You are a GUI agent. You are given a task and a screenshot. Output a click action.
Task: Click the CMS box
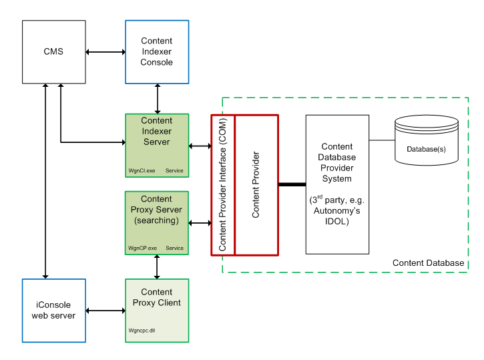pyautogui.click(x=53, y=51)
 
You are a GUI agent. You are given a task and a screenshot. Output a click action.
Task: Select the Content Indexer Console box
pyautogui.click(x=157, y=51)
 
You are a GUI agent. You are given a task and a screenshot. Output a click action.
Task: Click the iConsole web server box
pyautogui.click(x=53, y=311)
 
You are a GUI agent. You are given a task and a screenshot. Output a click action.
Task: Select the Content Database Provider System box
pyautogui.click(x=337, y=184)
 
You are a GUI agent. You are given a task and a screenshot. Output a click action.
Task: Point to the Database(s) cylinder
pyautogui.click(x=427, y=140)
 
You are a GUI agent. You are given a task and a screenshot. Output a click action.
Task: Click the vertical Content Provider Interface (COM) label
pyautogui.click(x=223, y=184)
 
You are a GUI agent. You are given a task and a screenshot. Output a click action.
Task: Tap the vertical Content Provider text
pyautogui.click(x=256, y=184)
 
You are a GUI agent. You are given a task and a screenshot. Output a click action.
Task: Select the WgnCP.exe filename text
pyautogui.click(x=142, y=248)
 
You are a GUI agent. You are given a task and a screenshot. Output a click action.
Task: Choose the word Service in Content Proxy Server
pyautogui.click(x=174, y=248)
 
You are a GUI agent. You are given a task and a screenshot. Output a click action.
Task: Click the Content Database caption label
pyautogui.click(x=428, y=263)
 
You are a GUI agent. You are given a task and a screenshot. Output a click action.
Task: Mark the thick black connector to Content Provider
pyautogui.click(x=292, y=184)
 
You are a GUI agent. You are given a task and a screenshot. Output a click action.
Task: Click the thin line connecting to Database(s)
pyautogui.click(x=382, y=140)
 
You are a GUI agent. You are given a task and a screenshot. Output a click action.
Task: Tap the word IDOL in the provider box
pyautogui.click(x=337, y=222)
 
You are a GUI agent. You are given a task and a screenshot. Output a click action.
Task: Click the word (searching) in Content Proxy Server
pyautogui.click(x=157, y=220)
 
